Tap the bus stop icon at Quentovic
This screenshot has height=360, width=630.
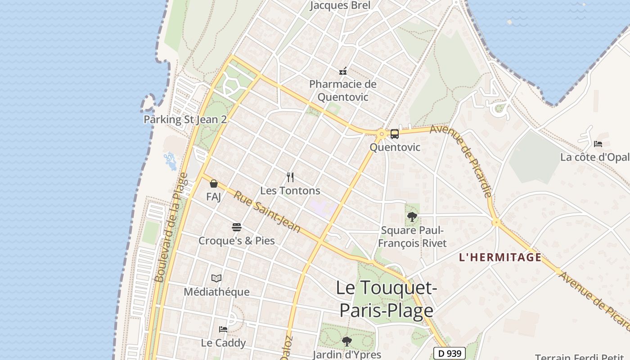(395, 134)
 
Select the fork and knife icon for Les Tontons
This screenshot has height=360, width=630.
(290, 177)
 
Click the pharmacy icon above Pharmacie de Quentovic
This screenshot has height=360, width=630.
(343, 71)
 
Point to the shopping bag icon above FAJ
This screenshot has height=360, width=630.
(214, 184)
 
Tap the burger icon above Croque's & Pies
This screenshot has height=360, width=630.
(237, 227)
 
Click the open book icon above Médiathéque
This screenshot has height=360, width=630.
(216, 279)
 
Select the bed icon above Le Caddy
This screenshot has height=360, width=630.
(223, 329)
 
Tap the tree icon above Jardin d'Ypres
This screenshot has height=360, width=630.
(346, 342)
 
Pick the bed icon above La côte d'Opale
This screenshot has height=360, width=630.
(598, 144)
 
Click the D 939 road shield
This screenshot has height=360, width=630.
(449, 354)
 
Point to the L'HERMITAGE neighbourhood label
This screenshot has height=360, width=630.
(500, 257)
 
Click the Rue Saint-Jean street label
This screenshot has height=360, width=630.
(267, 213)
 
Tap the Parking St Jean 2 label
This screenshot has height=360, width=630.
(185, 119)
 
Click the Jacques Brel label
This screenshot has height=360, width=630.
(341, 5)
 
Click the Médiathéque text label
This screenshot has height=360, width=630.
(216, 292)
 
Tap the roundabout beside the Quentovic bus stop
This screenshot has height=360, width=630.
(382, 133)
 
